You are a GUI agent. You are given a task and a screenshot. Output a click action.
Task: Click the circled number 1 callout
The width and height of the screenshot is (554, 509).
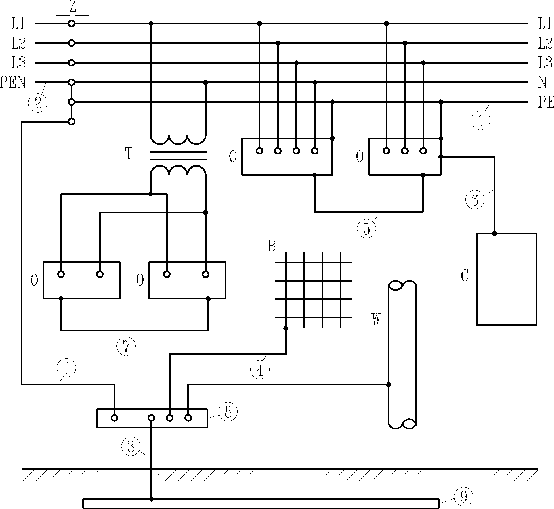(x=480, y=121)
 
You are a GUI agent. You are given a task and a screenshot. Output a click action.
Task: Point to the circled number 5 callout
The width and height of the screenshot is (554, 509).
(x=366, y=228)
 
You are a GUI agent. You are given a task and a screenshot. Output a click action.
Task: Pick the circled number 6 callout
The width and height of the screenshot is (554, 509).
(x=475, y=199)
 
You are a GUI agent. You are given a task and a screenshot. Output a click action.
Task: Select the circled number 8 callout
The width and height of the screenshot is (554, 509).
(x=228, y=412)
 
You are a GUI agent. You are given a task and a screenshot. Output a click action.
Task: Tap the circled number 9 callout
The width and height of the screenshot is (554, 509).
(x=463, y=496)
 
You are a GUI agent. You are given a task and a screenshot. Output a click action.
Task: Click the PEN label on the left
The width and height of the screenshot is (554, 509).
(x=13, y=82)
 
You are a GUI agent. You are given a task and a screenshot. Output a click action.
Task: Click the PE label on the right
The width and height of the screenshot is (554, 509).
(x=546, y=102)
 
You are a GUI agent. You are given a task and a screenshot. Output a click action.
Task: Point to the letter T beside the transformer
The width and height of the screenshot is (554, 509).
(x=129, y=154)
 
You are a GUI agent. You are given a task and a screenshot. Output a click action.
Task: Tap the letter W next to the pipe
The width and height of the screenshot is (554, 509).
(x=376, y=319)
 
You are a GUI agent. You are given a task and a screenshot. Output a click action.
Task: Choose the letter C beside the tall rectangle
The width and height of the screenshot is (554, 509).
(x=465, y=275)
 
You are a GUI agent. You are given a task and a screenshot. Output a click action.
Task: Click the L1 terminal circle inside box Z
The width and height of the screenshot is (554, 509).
(x=72, y=23)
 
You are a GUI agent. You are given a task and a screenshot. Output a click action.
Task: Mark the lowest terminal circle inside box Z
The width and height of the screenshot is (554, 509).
(x=72, y=122)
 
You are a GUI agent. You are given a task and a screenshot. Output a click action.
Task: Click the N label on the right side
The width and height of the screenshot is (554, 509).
(x=542, y=83)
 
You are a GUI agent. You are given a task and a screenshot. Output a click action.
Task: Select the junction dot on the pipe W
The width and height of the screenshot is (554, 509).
(x=389, y=384)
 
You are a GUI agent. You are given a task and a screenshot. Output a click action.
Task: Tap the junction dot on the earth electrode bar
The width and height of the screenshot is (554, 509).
(x=151, y=499)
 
